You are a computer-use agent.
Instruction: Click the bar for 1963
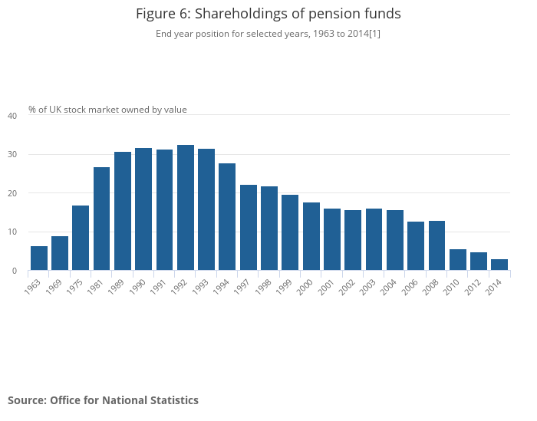pyautogui.click(x=39, y=258)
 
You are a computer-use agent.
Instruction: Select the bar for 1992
pyautogui.click(x=186, y=208)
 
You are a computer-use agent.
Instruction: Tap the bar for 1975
pyautogui.click(x=81, y=238)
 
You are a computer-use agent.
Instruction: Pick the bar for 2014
pyautogui.click(x=499, y=265)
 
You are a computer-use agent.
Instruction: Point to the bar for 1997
pyautogui.click(x=249, y=228)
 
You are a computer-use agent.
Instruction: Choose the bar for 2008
pyautogui.click(x=437, y=245)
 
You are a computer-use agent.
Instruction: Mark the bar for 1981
pyautogui.click(x=102, y=219)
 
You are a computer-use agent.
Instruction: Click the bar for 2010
pyautogui.click(x=458, y=260)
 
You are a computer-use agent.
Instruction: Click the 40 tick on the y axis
pyautogui.click(x=12, y=116)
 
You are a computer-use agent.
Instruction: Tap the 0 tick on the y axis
pyautogui.click(x=14, y=271)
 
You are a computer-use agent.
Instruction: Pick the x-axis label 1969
pyautogui.click(x=56, y=287)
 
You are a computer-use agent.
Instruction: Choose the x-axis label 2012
pyautogui.click(x=475, y=287)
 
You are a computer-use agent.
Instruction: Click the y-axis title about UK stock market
pyautogui.click(x=107, y=110)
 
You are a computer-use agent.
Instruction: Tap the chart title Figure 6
pyautogui.click(x=268, y=14)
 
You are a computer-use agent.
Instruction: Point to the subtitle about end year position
pyautogui.click(x=268, y=34)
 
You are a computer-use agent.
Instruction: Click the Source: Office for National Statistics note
pyautogui.click(x=103, y=400)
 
